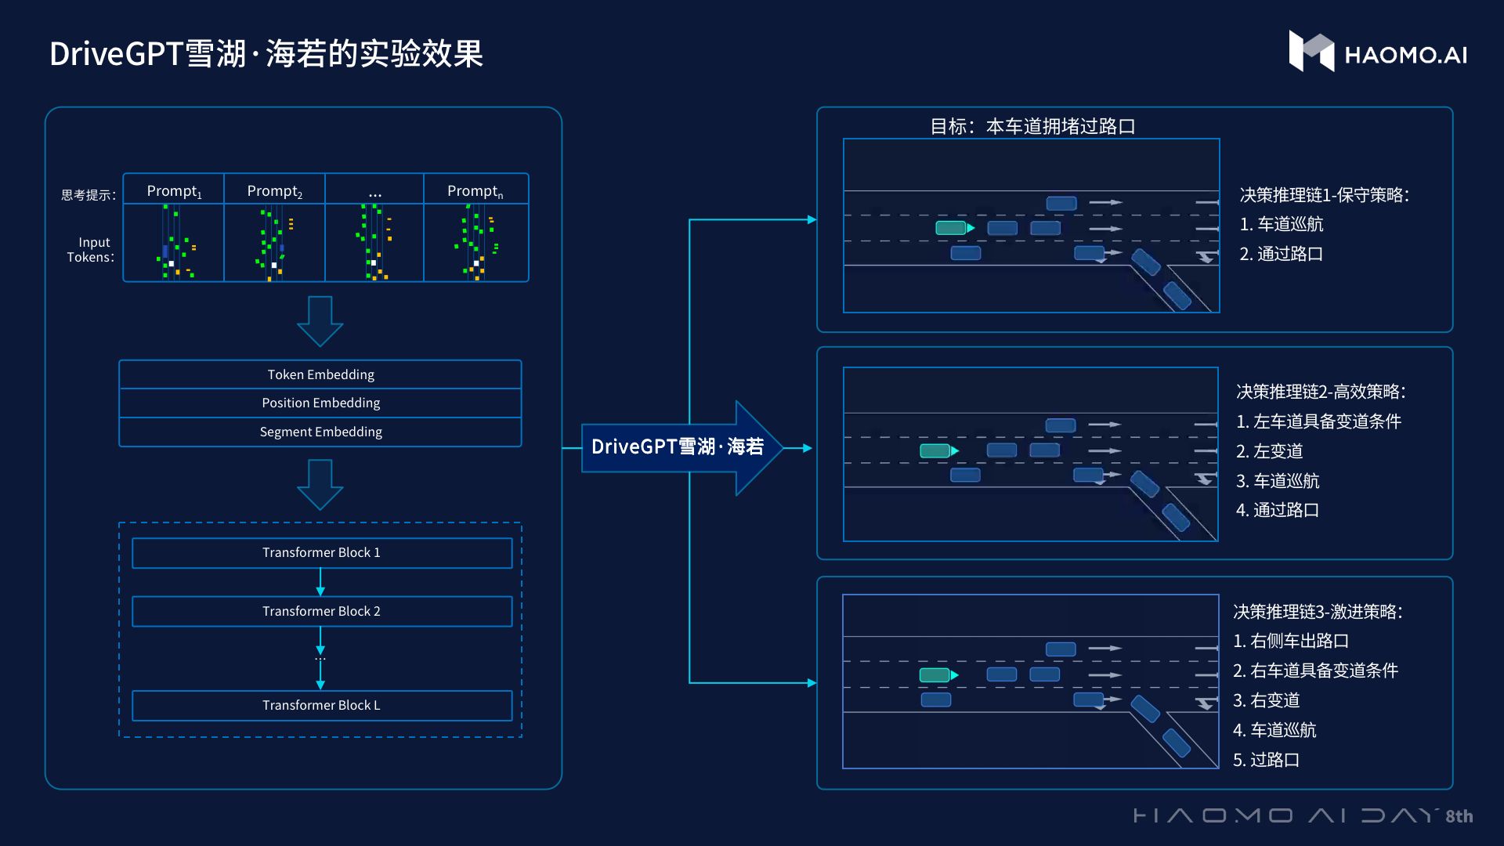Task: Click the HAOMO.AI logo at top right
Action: point(1377,52)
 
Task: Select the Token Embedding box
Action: point(320,374)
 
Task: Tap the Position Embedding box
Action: point(320,403)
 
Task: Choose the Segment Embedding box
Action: point(320,432)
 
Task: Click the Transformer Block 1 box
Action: point(321,552)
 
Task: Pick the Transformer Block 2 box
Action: point(321,611)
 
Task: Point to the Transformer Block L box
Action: point(321,705)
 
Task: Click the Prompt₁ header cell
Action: point(174,190)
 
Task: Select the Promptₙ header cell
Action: point(475,190)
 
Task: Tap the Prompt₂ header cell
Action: point(274,190)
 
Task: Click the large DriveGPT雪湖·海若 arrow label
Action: point(677,446)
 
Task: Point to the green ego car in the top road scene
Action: point(952,228)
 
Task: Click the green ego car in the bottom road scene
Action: point(935,674)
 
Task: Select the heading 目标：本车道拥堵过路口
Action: point(1032,126)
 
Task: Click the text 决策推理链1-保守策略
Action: point(1324,195)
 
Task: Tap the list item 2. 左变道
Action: point(1269,451)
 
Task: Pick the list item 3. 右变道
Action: point(1266,700)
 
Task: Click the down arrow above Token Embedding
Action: point(320,320)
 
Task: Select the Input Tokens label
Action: point(91,249)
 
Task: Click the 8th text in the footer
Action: point(1459,816)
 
